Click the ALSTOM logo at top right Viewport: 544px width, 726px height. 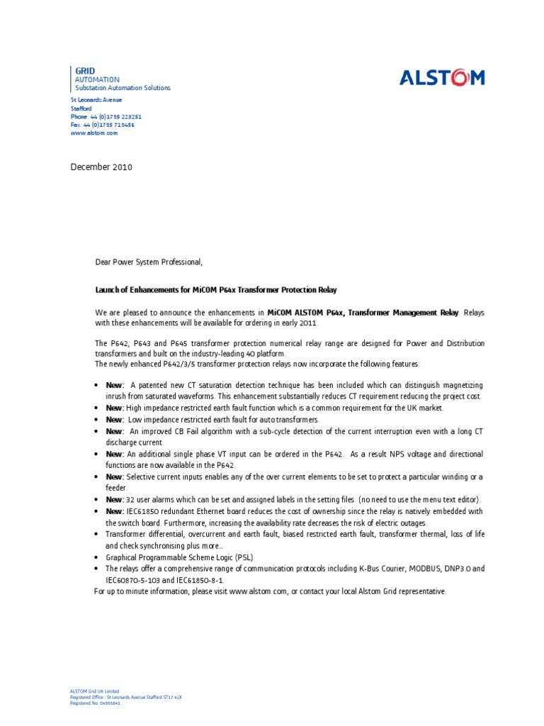[x=442, y=77]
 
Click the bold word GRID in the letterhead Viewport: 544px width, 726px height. [x=85, y=71]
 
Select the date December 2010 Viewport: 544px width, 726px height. [x=101, y=167]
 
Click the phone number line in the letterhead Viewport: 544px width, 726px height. [x=106, y=116]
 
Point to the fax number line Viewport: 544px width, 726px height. [x=102, y=125]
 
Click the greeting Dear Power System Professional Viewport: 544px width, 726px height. [x=149, y=262]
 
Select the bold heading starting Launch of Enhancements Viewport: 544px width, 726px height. [x=216, y=290]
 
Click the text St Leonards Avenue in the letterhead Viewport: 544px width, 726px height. [x=96, y=100]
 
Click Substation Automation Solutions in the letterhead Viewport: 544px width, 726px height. [x=123, y=88]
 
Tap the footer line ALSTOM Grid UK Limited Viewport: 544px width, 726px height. [x=95, y=691]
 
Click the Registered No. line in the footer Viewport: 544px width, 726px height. [x=95, y=703]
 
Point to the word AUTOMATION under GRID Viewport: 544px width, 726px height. [x=97, y=79]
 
